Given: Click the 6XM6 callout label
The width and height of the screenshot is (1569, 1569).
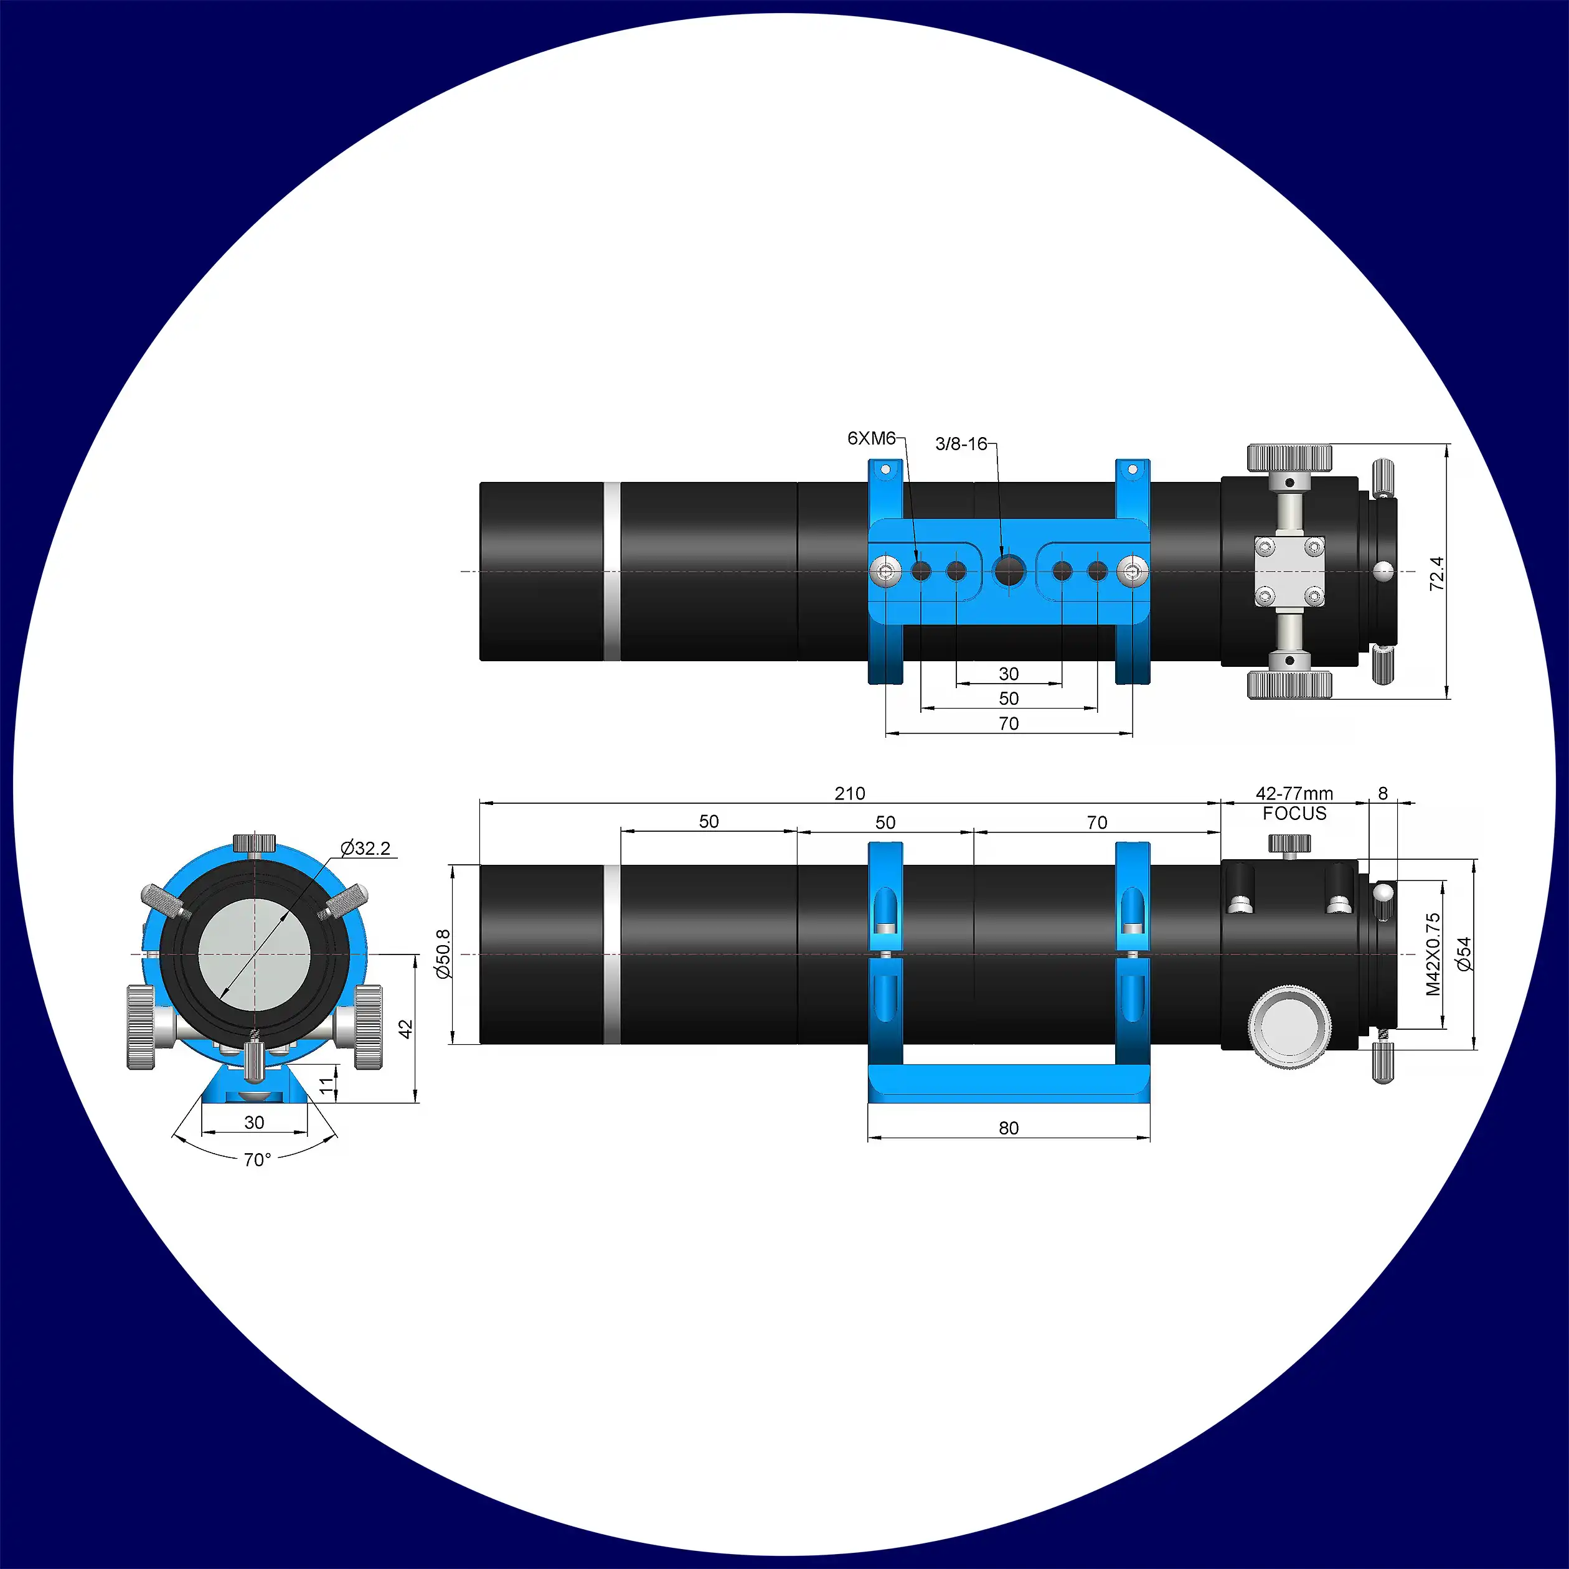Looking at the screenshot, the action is (x=872, y=438).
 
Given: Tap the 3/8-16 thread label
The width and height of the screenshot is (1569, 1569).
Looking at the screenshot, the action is (x=961, y=444).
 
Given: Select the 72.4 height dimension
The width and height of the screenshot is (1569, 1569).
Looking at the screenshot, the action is (x=1436, y=573).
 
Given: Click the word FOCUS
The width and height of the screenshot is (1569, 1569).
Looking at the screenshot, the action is (x=1294, y=814).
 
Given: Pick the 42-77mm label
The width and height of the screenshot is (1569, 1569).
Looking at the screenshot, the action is (x=1294, y=793).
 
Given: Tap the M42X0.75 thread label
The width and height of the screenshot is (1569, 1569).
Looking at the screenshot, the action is (x=1433, y=954).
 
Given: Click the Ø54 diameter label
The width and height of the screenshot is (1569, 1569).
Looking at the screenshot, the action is (x=1463, y=954).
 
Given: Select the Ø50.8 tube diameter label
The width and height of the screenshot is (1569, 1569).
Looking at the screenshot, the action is (x=443, y=954).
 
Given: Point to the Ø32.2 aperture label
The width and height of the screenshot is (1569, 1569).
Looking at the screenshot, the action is (x=365, y=849).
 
